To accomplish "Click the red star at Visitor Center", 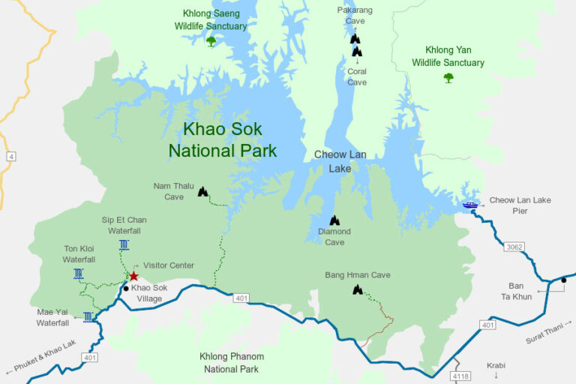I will [x=133, y=276].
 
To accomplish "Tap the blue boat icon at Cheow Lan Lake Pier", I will [x=470, y=205].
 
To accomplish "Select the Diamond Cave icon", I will [x=334, y=220].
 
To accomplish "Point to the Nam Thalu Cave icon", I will [x=202, y=191].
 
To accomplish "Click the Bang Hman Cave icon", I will [x=358, y=289].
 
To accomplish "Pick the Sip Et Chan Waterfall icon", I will [x=124, y=244].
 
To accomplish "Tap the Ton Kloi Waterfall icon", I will [x=79, y=274].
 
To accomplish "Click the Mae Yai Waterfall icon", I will [x=88, y=316].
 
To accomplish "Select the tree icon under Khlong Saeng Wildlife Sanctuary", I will [x=211, y=40].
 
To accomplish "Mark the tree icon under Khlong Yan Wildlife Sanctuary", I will [x=448, y=77].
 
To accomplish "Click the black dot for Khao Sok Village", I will [x=125, y=288].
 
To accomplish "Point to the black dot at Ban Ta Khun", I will [x=563, y=280].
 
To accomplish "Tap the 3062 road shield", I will [x=514, y=247].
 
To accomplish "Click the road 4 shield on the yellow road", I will [x=11, y=157].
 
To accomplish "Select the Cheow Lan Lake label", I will [x=340, y=161].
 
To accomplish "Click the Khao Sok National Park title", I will [x=223, y=139].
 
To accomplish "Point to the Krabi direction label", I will [x=496, y=365].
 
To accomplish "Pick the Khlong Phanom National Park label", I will [x=232, y=362].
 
